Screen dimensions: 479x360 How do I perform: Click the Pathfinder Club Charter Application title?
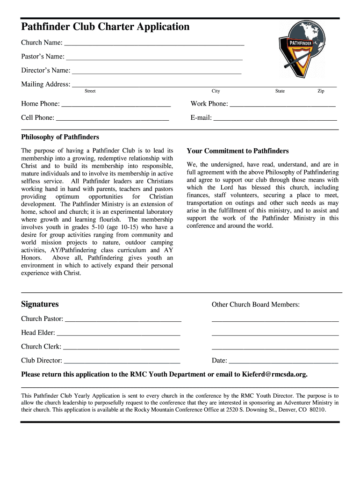(x=105, y=27)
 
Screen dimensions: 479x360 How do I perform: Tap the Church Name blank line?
(x=154, y=44)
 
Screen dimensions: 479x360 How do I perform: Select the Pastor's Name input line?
(x=154, y=58)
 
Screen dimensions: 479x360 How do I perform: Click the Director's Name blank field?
(x=157, y=72)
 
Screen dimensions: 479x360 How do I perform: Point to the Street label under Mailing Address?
(x=90, y=91)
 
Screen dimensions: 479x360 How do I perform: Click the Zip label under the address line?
(x=321, y=91)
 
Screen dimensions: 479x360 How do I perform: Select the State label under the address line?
(x=280, y=91)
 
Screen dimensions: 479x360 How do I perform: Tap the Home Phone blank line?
(x=116, y=104)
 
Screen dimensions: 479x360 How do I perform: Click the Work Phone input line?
(x=282, y=104)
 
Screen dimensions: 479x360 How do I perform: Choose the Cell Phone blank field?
(x=112, y=118)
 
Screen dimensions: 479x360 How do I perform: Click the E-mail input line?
(x=275, y=118)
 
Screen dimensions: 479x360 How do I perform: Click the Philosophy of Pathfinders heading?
(x=60, y=137)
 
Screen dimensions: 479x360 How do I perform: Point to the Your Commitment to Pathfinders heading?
(x=238, y=151)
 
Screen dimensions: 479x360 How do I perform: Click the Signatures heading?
(x=40, y=304)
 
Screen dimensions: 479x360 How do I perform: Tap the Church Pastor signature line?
(x=123, y=319)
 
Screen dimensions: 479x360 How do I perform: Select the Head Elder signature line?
(x=118, y=334)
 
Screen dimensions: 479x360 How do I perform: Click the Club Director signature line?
(x=122, y=361)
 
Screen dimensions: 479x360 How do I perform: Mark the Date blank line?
(x=283, y=361)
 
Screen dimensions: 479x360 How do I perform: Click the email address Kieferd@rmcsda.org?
(x=274, y=374)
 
